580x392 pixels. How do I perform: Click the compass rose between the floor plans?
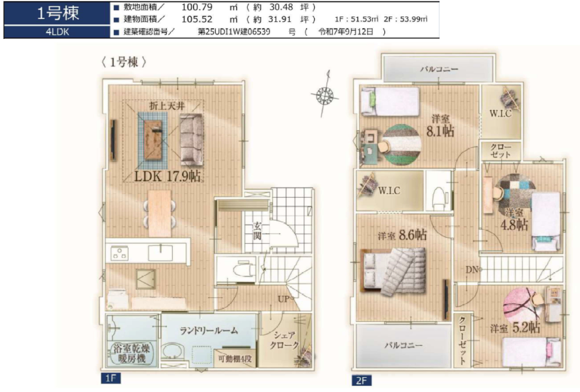(324, 95)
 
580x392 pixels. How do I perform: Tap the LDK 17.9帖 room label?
(167, 177)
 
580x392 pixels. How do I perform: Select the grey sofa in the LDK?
(192, 139)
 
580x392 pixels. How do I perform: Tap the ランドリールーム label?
(209, 331)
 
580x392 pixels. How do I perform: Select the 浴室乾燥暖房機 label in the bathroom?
(131, 354)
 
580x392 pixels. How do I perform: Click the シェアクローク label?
(284, 340)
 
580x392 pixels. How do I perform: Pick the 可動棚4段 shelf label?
(235, 359)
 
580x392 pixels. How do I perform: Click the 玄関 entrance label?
(257, 231)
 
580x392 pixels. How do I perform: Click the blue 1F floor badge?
(111, 378)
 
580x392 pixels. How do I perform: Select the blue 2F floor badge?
(362, 380)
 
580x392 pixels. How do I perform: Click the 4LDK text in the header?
(57, 32)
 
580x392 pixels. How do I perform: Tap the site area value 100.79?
(197, 7)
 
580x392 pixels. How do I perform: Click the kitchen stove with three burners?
(119, 253)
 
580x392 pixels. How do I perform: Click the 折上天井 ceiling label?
(167, 106)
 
